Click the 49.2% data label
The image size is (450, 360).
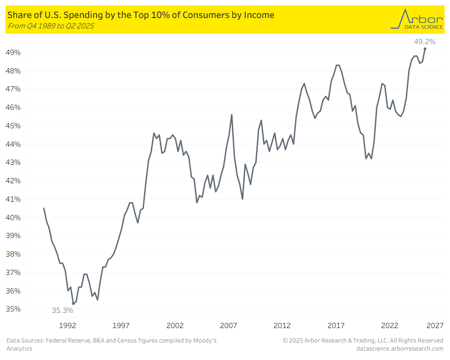point(424,42)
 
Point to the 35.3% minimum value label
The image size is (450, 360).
point(62,310)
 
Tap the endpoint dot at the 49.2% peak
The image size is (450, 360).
point(425,49)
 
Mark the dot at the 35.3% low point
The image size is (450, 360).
point(73,304)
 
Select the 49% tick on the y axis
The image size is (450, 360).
point(14,53)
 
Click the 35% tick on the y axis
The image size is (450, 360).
point(14,309)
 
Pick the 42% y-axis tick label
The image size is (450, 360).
point(14,181)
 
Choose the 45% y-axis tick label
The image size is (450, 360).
point(14,126)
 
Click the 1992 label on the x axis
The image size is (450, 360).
point(67,325)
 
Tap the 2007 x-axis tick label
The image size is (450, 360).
point(229,325)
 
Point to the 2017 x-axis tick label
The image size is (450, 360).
point(336,325)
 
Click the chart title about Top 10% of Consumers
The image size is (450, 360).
point(141,15)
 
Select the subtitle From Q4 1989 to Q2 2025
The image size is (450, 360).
point(51,26)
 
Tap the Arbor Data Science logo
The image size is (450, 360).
point(416,19)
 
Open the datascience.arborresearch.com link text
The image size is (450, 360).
point(400,348)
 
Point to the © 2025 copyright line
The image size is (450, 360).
point(363,341)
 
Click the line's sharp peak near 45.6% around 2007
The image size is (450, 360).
point(232,115)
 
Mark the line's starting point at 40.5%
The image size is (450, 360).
point(44,208)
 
